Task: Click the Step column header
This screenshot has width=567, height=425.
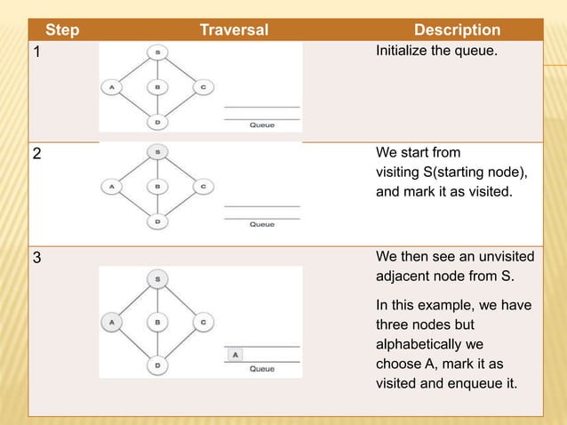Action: pyautogui.click(x=62, y=30)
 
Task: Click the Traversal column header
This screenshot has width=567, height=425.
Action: pyautogui.click(x=234, y=30)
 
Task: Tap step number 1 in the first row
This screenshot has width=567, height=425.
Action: pyautogui.click(x=36, y=52)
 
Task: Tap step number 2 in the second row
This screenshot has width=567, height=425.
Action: pyautogui.click(x=36, y=153)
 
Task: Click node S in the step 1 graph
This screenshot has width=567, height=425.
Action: pyautogui.click(x=157, y=53)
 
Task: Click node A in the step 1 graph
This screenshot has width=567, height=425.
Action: pyautogui.click(x=112, y=87)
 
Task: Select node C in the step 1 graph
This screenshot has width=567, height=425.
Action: pyautogui.click(x=204, y=87)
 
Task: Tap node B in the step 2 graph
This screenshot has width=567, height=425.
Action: pyautogui.click(x=157, y=187)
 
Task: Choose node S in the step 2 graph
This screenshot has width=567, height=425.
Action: pyautogui.click(x=157, y=153)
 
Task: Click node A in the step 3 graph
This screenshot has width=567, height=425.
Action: pyautogui.click(x=112, y=324)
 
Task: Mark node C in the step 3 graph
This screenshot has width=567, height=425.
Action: pyautogui.click(x=204, y=324)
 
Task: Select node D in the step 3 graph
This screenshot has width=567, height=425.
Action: pyautogui.click(x=157, y=364)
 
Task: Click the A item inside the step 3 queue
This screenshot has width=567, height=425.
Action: pyautogui.click(x=235, y=354)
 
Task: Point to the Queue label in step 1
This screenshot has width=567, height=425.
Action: pyautogui.click(x=261, y=125)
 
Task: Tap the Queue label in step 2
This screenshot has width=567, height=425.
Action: pyautogui.click(x=261, y=225)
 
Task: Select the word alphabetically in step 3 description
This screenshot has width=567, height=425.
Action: pyautogui.click(x=419, y=345)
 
